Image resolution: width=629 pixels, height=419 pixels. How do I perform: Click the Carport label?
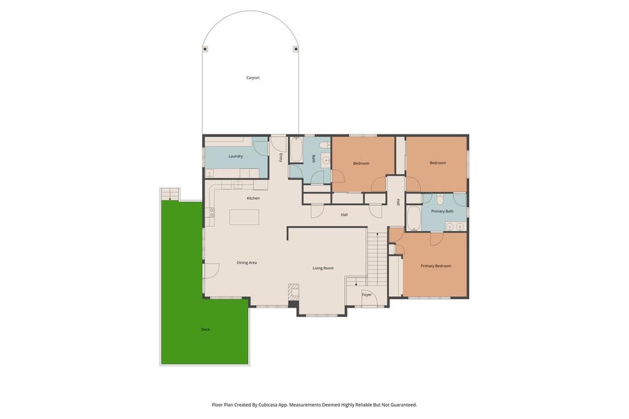(252, 78)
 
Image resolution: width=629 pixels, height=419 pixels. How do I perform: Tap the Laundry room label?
(235, 156)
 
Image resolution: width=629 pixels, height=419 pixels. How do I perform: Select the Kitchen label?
(253, 198)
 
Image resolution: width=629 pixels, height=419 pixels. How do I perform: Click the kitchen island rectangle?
(244, 217)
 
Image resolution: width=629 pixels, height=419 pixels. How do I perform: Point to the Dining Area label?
(247, 263)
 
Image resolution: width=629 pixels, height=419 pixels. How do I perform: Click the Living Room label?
(323, 268)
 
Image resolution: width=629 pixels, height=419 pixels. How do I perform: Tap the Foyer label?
(367, 294)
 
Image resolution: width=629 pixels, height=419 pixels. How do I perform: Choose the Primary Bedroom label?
(436, 265)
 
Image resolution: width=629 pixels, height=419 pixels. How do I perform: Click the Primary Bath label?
(442, 211)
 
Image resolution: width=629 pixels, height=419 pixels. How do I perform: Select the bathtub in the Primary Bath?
(413, 218)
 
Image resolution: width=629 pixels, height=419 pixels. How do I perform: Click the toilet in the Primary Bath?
(440, 199)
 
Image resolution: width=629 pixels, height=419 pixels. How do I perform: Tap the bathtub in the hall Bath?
(296, 150)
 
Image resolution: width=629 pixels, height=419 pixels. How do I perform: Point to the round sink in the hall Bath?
(326, 161)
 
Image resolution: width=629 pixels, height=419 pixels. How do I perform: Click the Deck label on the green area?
(205, 329)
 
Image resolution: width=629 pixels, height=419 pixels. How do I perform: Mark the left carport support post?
(205, 49)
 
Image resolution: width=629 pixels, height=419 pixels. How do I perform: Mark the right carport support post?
(296, 49)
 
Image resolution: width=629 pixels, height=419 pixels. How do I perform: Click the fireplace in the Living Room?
(294, 292)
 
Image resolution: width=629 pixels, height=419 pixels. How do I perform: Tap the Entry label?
(281, 158)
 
